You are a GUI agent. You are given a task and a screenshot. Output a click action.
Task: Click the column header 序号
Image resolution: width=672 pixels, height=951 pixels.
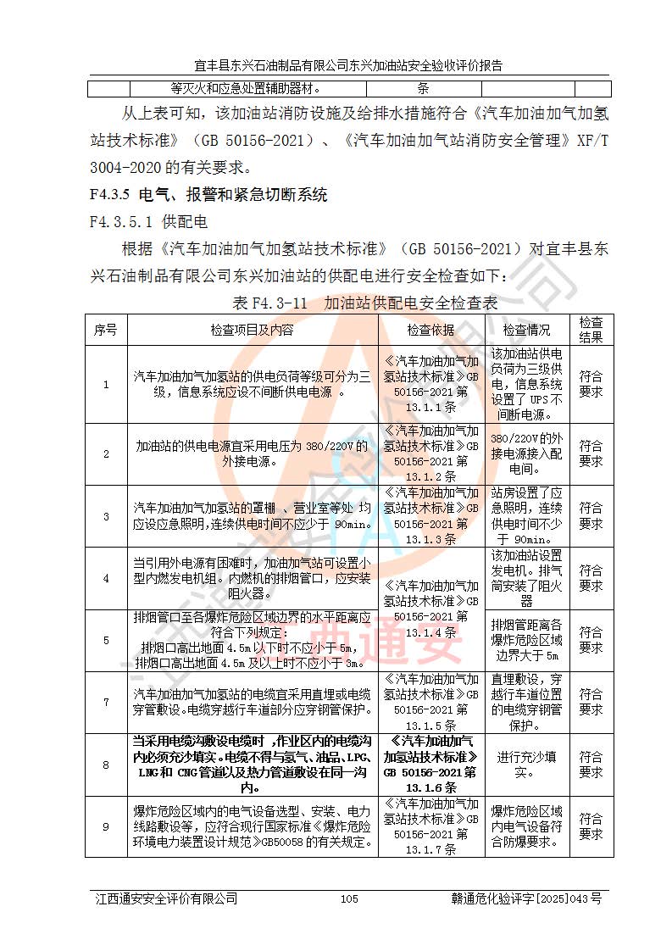[106, 330]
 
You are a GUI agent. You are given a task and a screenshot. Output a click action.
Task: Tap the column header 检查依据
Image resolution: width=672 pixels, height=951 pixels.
[430, 330]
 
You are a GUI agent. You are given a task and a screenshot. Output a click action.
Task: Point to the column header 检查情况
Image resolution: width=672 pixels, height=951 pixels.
[526, 330]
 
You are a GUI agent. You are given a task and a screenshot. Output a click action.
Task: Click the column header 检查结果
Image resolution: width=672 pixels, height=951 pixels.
[591, 330]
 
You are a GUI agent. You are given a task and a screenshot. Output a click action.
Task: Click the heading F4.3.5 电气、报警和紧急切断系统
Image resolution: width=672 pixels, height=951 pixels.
[208, 195]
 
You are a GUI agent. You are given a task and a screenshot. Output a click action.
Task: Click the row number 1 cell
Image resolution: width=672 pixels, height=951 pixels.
[106, 384]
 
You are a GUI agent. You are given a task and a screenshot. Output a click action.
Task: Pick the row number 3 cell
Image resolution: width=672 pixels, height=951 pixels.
[106, 516]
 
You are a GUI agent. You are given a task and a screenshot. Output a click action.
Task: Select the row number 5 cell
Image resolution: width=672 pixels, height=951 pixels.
[106, 640]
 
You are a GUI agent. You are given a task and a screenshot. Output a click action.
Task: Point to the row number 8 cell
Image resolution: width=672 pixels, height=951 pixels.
[106, 765]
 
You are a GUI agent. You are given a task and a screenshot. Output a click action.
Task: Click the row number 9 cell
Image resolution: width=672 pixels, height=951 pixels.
[106, 826]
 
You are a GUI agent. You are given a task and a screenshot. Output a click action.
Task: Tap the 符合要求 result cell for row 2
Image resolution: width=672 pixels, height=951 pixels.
[591, 453]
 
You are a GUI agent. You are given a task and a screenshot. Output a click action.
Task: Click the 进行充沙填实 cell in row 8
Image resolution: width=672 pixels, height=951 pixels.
[526, 765]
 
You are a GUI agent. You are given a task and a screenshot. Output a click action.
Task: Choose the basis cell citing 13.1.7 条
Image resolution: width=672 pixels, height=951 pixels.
[430, 826]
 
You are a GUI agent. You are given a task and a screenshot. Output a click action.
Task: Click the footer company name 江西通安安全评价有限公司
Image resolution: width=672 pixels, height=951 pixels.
[166, 898]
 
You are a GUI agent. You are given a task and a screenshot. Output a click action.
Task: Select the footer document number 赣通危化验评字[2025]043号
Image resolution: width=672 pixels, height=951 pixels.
[526, 898]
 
